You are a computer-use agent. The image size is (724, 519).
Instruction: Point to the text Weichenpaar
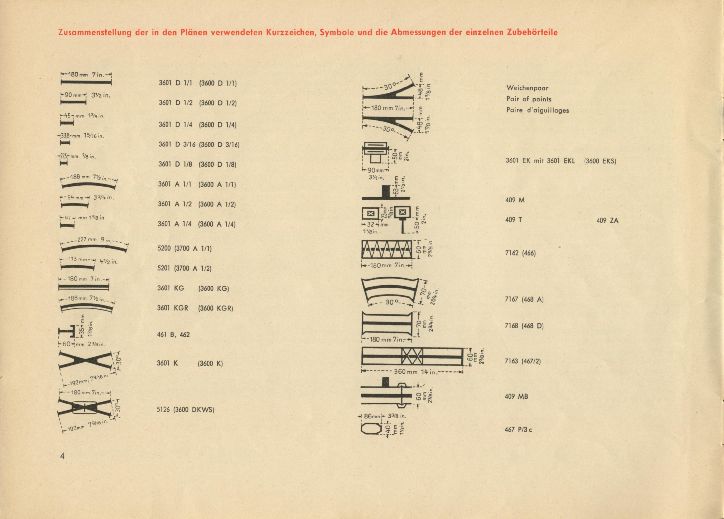[527, 88]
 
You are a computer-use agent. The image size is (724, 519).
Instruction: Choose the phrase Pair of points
[529, 99]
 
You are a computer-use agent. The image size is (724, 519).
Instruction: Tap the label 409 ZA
[607, 220]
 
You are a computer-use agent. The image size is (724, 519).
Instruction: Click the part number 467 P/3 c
[518, 430]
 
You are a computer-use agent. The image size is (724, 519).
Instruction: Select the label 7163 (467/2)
[523, 361]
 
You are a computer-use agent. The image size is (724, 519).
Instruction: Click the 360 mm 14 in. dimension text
[414, 372]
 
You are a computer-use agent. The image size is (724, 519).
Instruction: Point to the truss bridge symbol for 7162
[387, 249]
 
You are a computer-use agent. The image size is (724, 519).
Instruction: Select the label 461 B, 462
[173, 335]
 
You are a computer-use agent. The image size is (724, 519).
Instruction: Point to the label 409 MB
[516, 396]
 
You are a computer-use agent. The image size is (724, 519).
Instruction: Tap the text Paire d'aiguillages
[537, 110]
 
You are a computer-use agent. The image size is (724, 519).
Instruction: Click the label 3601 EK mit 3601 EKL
[540, 161]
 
